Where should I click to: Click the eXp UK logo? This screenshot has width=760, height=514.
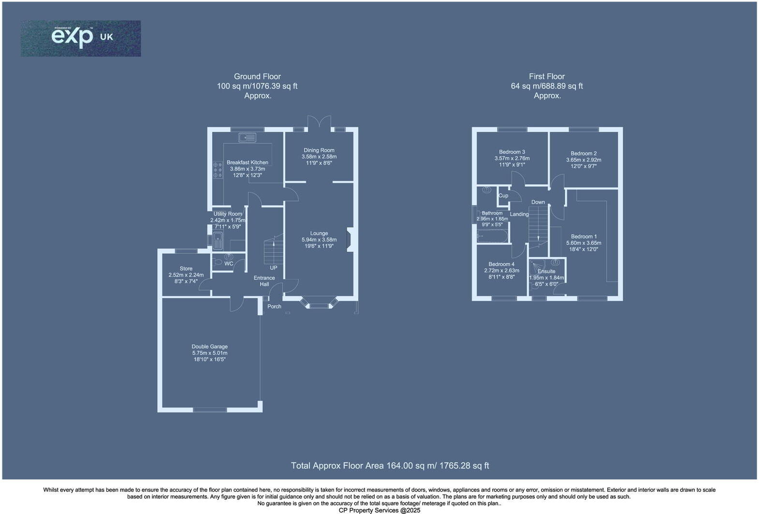pyautogui.click(x=81, y=38)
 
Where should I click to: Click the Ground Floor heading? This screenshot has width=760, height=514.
pyautogui.click(x=257, y=76)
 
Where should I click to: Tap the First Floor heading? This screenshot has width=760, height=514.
pyautogui.click(x=546, y=76)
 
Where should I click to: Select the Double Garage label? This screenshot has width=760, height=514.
pyautogui.click(x=209, y=346)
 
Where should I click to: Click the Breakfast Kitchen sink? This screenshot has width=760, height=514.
pyautogui.click(x=247, y=138)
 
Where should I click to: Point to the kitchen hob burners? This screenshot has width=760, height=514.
pyautogui.click(x=217, y=170)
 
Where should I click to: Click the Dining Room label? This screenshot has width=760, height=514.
pyautogui.click(x=319, y=150)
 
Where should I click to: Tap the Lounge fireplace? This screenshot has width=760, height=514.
pyautogui.click(x=351, y=240)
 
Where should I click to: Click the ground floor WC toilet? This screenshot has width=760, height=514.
pyautogui.click(x=217, y=262)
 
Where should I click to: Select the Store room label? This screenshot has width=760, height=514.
pyautogui.click(x=186, y=269)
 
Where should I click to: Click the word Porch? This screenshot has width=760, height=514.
pyautogui.click(x=274, y=306)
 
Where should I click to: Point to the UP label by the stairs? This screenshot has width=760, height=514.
pyautogui.click(x=273, y=268)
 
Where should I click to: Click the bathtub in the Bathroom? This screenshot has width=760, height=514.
pyautogui.click(x=492, y=236)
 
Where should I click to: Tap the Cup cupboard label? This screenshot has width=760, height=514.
pyautogui.click(x=503, y=196)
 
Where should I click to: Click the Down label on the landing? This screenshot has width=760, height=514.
pyautogui.click(x=538, y=202)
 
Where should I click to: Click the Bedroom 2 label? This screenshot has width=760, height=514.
pyautogui.click(x=584, y=154)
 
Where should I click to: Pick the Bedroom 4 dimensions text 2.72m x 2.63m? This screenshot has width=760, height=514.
pyautogui.click(x=501, y=271)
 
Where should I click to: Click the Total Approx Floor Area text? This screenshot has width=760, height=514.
pyautogui.click(x=390, y=466)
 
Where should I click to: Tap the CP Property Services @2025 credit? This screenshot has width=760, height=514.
pyautogui.click(x=380, y=510)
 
